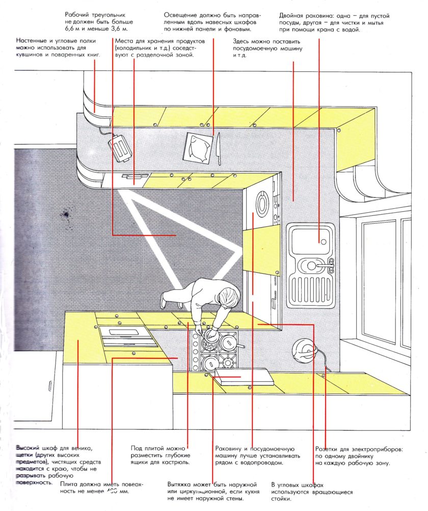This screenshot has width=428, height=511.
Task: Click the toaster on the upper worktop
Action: (120, 148)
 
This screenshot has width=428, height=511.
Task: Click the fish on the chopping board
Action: (197, 148)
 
